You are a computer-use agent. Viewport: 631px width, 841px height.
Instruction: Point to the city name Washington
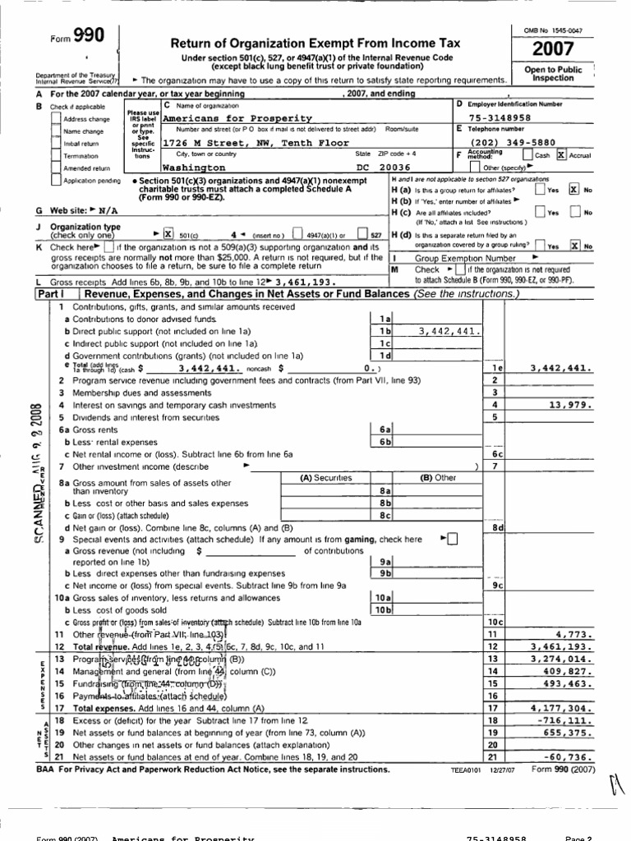click(x=196, y=165)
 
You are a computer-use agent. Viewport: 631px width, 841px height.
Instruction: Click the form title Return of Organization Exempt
click(x=315, y=43)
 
